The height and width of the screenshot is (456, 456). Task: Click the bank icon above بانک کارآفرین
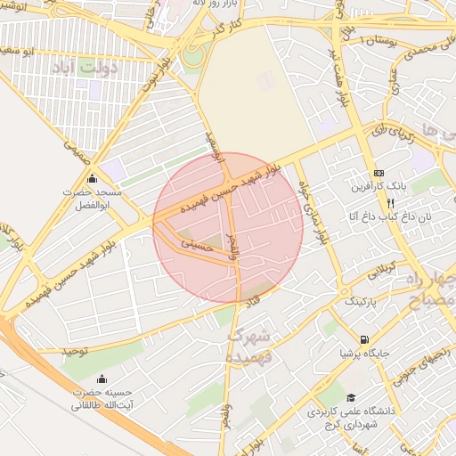(379, 173)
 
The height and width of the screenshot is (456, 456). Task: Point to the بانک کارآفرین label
(379, 187)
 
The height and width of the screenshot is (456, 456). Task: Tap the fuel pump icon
(364, 339)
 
